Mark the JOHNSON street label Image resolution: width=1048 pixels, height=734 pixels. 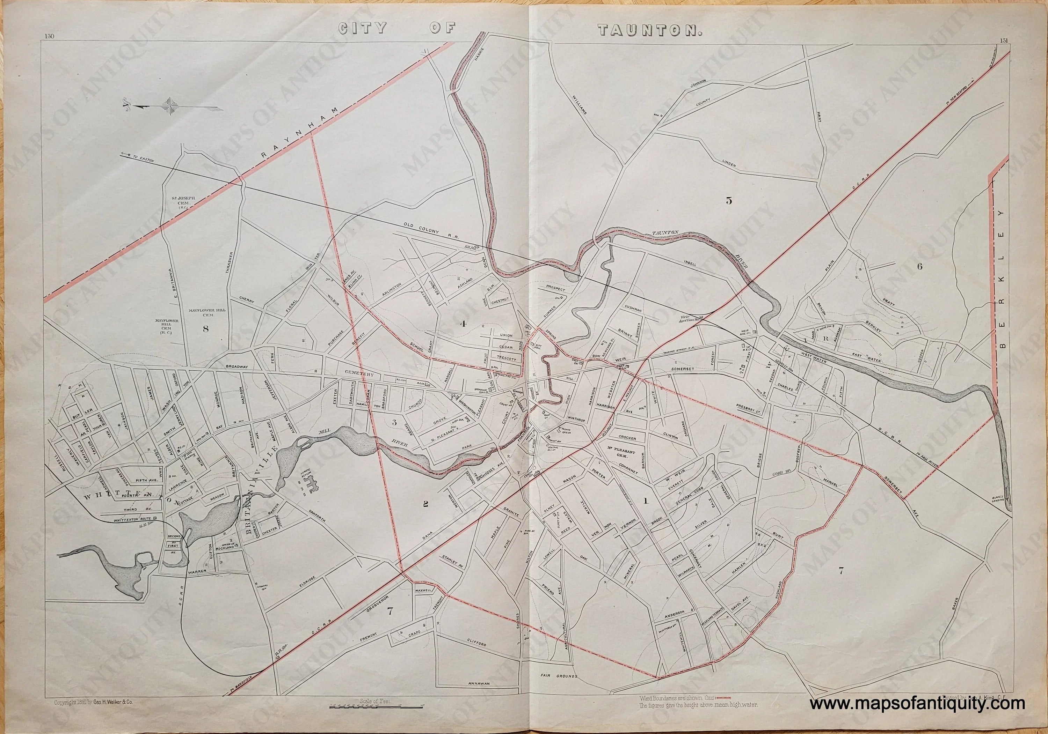point(698,82)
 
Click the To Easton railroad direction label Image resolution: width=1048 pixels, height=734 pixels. point(142,159)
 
